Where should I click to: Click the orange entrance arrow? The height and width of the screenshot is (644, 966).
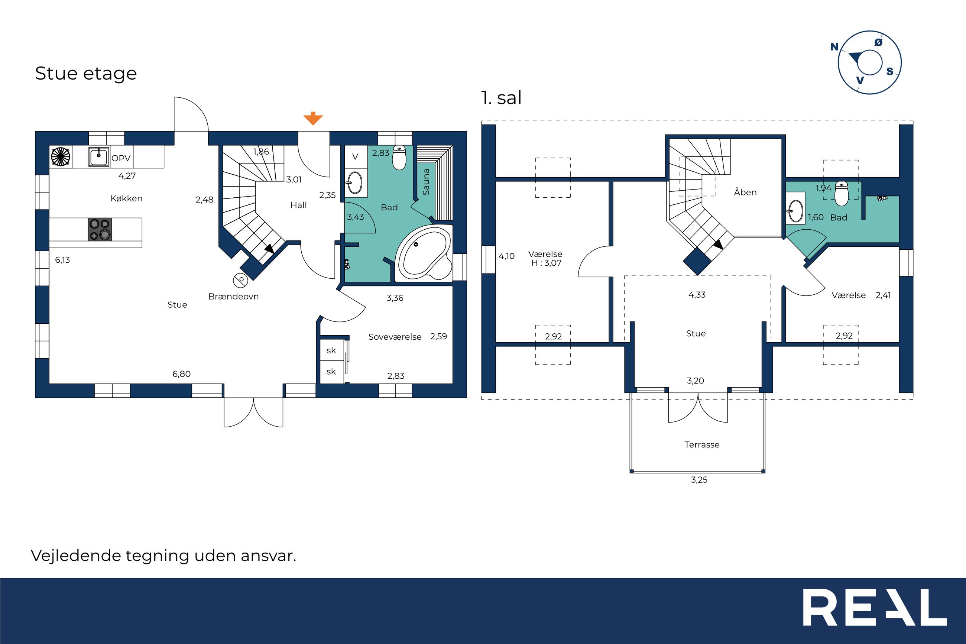313,118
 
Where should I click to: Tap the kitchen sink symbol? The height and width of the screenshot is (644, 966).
99,157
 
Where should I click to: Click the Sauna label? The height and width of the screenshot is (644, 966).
426,182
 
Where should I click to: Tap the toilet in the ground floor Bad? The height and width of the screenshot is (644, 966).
399,158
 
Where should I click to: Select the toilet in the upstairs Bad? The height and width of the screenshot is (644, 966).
841,194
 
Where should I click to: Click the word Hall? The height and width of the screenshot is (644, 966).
298,206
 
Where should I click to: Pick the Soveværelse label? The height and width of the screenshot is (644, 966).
395,337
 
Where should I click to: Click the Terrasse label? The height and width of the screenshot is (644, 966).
701,444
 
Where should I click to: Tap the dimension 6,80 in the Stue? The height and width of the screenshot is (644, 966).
181,374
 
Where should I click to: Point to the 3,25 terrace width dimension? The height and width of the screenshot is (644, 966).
699,480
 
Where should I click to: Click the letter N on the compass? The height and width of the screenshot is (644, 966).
834,47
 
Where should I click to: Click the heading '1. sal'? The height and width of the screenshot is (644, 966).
501,98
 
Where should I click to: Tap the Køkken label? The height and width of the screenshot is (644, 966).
126,198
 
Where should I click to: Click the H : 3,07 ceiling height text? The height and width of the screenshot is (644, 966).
546,263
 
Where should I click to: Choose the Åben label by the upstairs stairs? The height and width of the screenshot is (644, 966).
745,192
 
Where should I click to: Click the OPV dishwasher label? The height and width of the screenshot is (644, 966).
121,158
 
